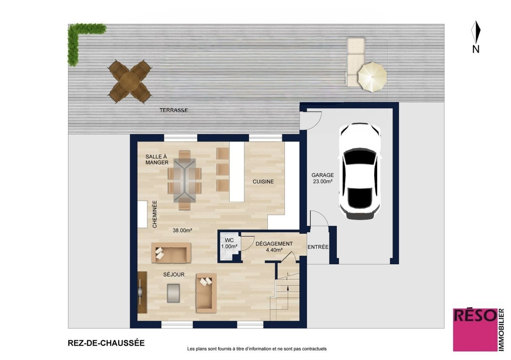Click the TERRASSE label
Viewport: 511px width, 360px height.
(x=174, y=110)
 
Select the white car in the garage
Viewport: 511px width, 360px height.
(x=360, y=171)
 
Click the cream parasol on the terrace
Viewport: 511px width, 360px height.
(x=372, y=77)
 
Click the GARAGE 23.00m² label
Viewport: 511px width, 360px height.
(x=322, y=178)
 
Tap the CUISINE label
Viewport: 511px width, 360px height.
(x=263, y=182)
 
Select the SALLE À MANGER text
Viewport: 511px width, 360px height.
(x=157, y=159)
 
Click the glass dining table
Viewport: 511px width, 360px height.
(x=185, y=180)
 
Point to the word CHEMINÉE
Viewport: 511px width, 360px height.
(x=155, y=214)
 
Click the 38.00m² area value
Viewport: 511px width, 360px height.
(x=182, y=230)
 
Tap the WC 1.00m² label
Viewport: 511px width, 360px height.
(x=229, y=243)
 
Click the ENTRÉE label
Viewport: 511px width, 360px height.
(x=318, y=247)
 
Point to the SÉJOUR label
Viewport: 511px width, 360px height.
(x=174, y=274)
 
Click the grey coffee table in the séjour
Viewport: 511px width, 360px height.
(x=173, y=293)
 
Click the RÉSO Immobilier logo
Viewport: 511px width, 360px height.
(x=479, y=330)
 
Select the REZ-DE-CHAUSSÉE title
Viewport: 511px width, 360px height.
(x=106, y=343)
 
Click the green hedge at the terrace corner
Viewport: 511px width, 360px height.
(x=80, y=41)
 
